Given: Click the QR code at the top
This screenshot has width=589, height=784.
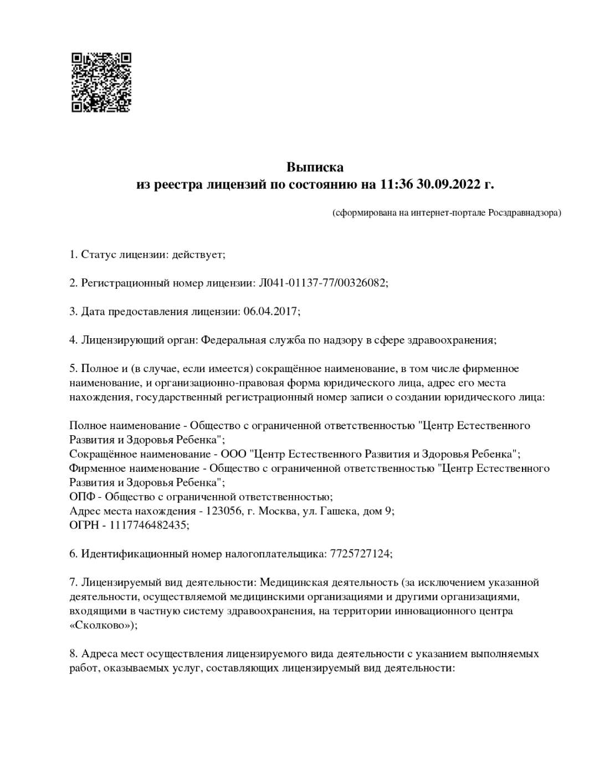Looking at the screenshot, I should [x=101, y=83].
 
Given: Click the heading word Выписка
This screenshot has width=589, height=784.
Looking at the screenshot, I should [x=315, y=167].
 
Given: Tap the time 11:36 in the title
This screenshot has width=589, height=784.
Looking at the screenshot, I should [x=397, y=184].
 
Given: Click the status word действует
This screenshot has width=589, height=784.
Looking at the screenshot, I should [x=197, y=254].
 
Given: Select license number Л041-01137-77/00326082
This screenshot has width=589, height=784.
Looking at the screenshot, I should [x=322, y=283].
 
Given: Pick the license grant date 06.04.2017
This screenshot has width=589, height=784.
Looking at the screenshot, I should [x=270, y=312].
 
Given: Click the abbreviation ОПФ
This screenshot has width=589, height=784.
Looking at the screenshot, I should [x=82, y=497].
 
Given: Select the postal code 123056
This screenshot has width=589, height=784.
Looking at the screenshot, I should [x=224, y=511].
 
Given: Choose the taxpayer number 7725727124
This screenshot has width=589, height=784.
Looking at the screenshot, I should [x=360, y=554].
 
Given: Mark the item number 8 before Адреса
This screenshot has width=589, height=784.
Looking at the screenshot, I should [x=73, y=654].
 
